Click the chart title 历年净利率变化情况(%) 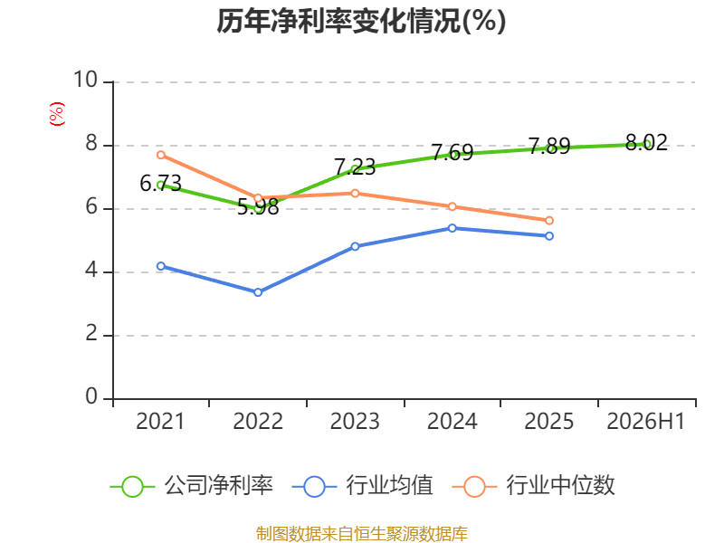(361, 21)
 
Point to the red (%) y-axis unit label (57, 114)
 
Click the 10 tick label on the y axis (85, 80)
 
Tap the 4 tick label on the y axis (91, 270)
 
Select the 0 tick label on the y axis (91, 396)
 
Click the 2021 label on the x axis (160, 422)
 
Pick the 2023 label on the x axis (355, 422)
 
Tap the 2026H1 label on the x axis (645, 422)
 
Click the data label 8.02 (646, 142)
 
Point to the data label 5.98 (258, 207)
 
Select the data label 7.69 (452, 152)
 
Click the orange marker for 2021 (161, 155)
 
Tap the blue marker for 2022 (258, 292)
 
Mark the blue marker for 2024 (452, 228)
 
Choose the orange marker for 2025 (549, 221)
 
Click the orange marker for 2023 (355, 194)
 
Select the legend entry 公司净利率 (192, 486)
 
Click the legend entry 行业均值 (363, 486)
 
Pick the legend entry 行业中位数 (533, 486)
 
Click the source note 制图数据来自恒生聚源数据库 (361, 534)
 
